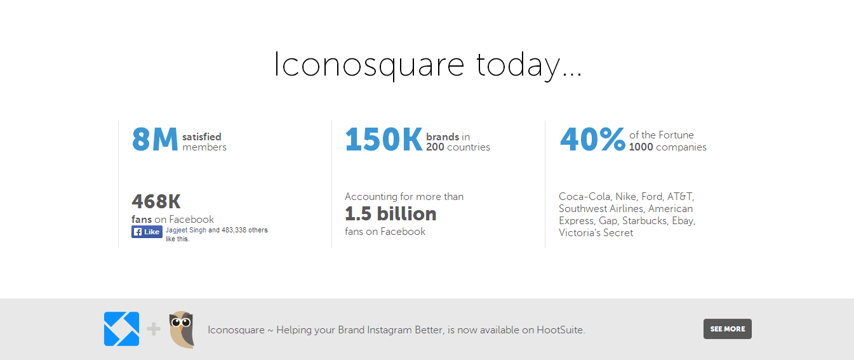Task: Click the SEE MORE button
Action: (x=728, y=329)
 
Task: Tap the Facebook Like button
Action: (x=147, y=232)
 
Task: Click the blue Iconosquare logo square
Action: (x=122, y=329)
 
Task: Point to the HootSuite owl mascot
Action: (x=182, y=330)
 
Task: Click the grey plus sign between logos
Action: (x=154, y=329)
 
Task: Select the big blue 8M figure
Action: (x=155, y=139)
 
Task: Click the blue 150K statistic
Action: (x=384, y=139)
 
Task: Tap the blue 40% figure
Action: (x=592, y=139)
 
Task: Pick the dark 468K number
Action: (x=156, y=201)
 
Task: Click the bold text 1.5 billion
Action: (x=390, y=213)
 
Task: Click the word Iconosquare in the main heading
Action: (x=369, y=65)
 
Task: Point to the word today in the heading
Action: (x=517, y=65)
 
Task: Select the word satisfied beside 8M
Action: (x=202, y=137)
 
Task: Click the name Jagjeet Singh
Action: (x=186, y=230)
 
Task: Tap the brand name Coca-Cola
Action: (x=584, y=196)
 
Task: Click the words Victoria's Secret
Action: (x=596, y=232)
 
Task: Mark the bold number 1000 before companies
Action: (x=641, y=147)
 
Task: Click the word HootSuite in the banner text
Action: (x=559, y=330)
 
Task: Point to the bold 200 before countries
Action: (x=435, y=147)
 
